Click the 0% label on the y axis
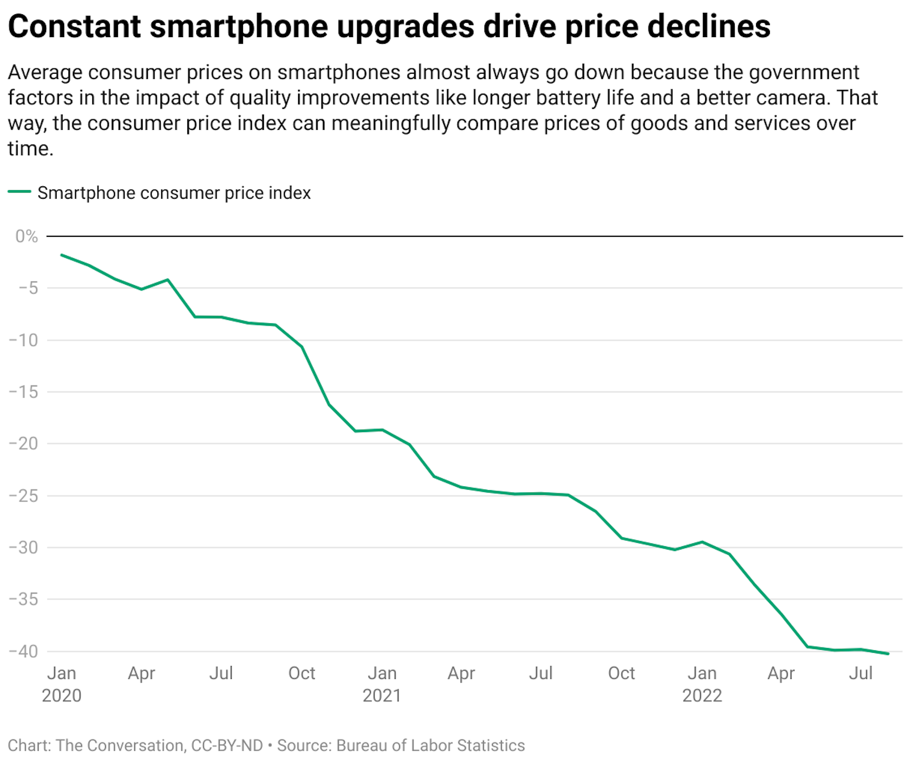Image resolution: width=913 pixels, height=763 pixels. tap(27, 236)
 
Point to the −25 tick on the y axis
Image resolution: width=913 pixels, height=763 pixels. tap(24, 496)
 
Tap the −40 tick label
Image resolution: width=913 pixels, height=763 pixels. tap(24, 651)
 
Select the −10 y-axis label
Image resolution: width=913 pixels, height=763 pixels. tap(24, 340)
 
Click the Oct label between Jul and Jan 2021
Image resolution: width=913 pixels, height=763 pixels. tap(301, 673)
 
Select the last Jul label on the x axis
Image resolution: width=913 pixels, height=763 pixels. tap(860, 673)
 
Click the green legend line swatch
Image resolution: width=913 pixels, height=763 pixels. tap(19, 192)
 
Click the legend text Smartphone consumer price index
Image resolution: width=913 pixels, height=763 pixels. tap(174, 193)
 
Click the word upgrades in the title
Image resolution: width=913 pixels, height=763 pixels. tap(406, 27)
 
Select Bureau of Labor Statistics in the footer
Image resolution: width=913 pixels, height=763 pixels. tap(430, 745)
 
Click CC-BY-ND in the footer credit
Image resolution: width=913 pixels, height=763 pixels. tap(227, 745)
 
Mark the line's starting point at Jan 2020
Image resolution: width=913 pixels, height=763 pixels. tap(62, 255)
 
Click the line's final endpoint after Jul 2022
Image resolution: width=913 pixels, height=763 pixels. tap(888, 654)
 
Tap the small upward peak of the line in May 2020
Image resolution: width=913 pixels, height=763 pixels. tap(168, 280)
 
